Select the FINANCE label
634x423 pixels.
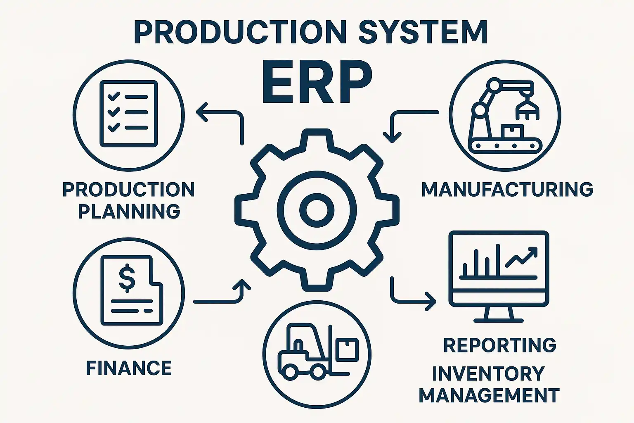click(129, 368)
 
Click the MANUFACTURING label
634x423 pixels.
click(507, 189)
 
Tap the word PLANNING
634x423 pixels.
click(129, 211)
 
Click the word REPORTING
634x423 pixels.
click(500, 345)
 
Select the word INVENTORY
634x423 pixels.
click(488, 374)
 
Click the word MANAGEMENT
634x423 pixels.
click(489, 395)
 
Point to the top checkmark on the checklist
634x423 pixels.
click(114, 97)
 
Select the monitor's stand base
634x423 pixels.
click(499, 320)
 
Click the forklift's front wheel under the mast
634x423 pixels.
click(318, 372)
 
